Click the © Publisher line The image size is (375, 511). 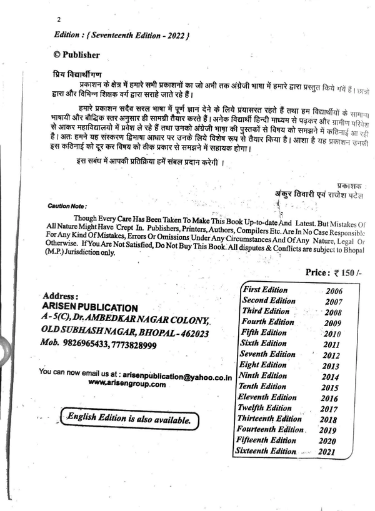click(76, 55)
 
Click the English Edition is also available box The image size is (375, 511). click(129, 420)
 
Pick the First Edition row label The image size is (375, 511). click(266, 290)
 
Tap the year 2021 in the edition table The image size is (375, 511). click(326, 452)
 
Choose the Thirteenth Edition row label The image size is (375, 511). click(269, 419)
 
